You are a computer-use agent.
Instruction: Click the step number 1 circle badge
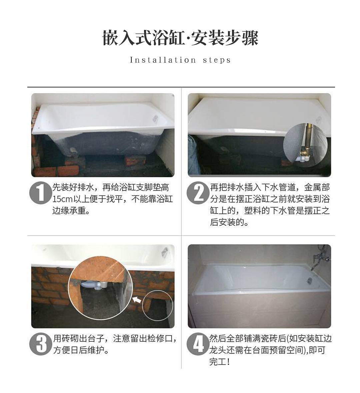click(40, 193)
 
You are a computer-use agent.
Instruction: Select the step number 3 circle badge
click(40, 344)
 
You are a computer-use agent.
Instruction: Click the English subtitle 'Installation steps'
click(180, 60)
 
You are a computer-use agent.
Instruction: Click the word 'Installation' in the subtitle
click(163, 60)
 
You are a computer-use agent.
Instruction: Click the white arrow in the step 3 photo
click(137, 299)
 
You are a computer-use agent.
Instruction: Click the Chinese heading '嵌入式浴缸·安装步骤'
click(180, 38)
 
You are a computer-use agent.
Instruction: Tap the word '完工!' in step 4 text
click(220, 362)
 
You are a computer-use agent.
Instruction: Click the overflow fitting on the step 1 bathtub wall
click(155, 118)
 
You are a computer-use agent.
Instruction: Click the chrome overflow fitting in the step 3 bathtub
click(165, 251)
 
